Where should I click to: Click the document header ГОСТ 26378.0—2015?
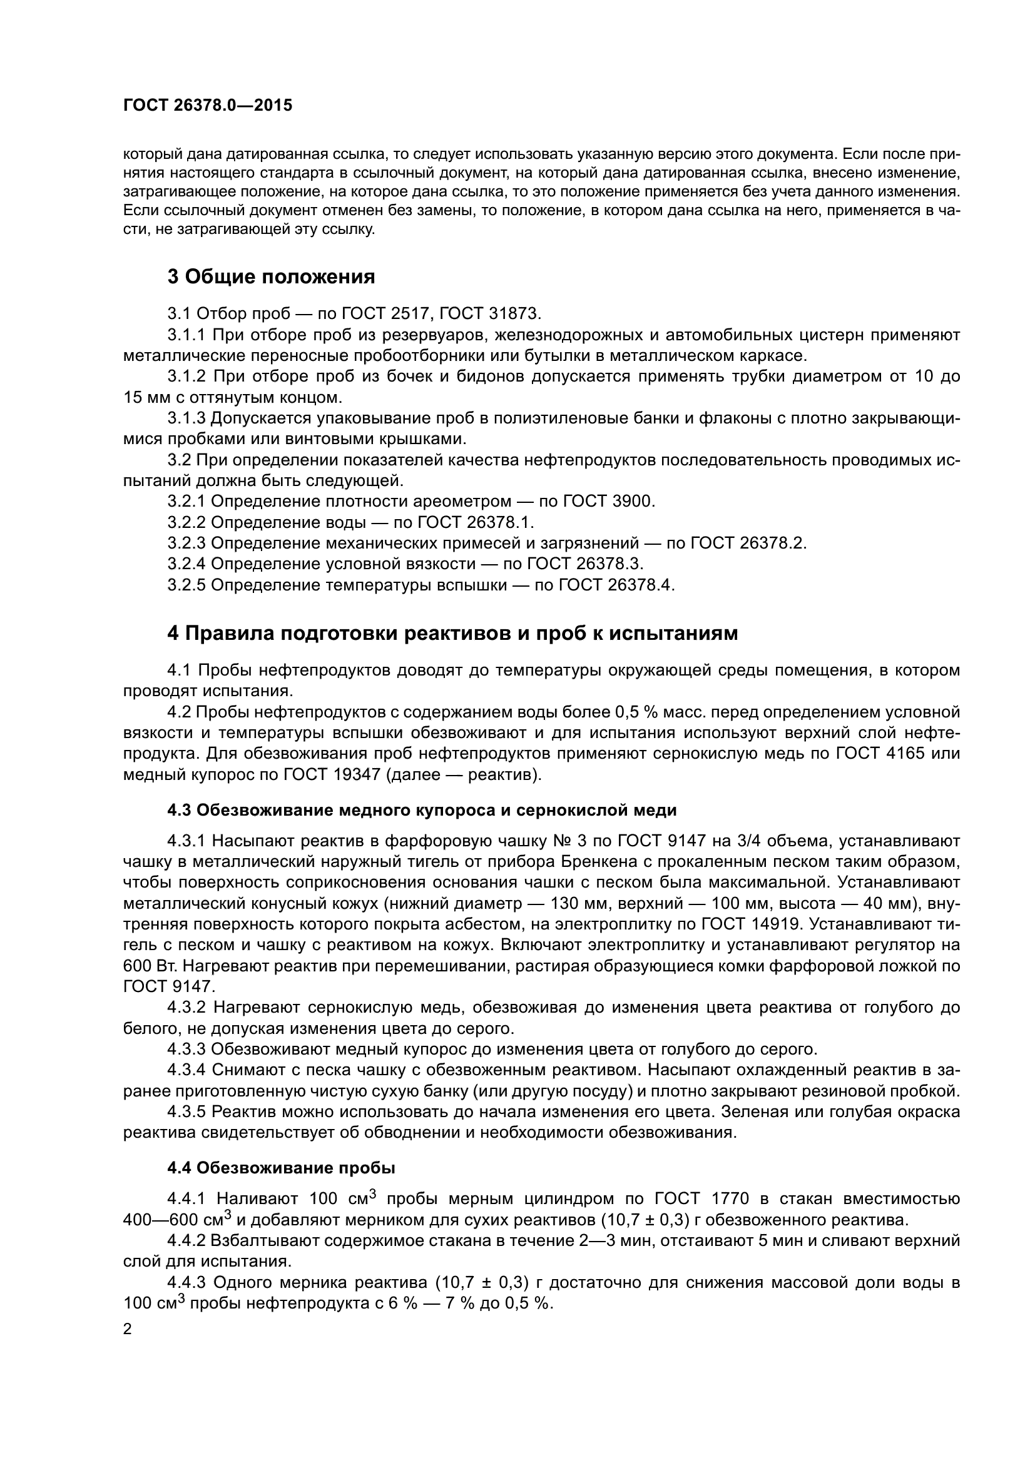208,106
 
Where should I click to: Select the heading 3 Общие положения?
271,277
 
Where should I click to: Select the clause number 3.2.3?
186,543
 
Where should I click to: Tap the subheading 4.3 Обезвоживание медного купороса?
421,811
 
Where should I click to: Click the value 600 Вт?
143,966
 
